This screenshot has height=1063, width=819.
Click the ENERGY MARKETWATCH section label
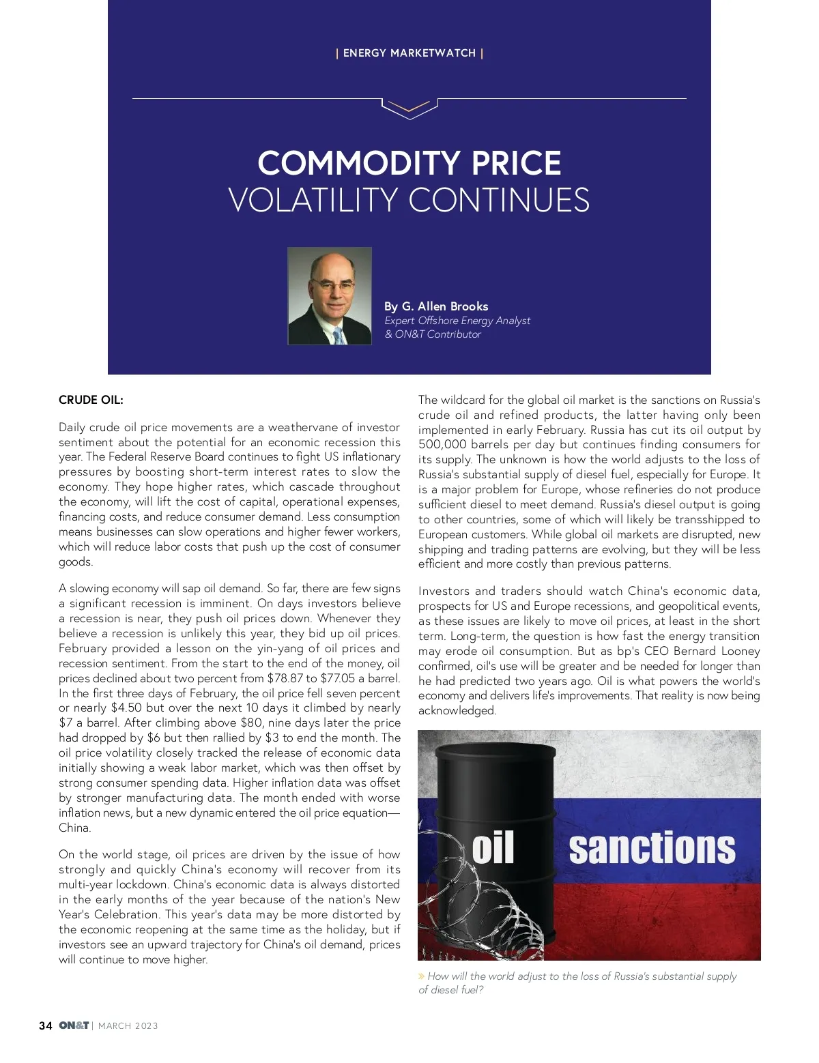[x=409, y=53]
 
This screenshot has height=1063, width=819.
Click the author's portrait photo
[x=330, y=296]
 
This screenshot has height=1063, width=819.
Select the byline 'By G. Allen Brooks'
[x=436, y=306]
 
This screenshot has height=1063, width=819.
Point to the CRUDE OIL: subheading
[x=91, y=400]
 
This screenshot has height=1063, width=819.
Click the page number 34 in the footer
[x=46, y=1025]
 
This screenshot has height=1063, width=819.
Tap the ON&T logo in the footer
[x=74, y=1025]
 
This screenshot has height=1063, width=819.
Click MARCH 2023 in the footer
[x=128, y=1026]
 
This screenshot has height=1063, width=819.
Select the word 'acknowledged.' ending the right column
[x=457, y=711]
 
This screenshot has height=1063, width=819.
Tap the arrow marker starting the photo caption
[x=422, y=976]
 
